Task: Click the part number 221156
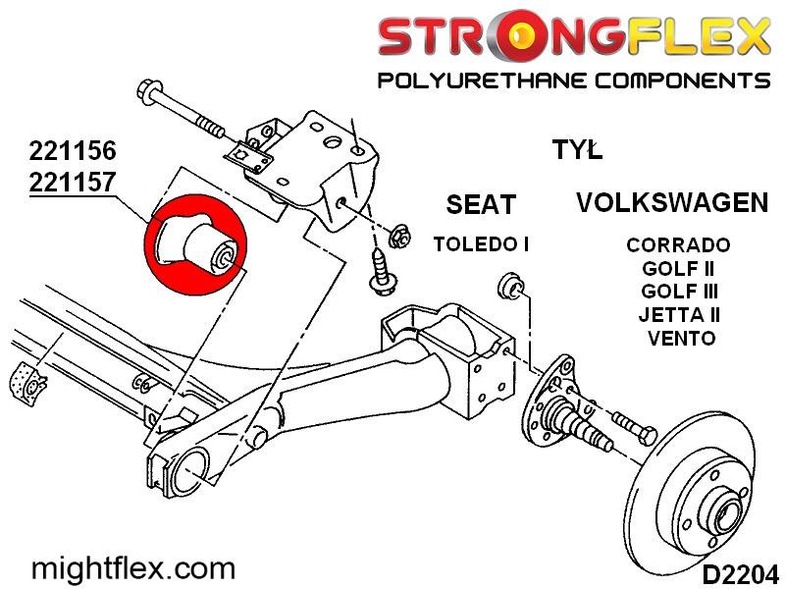click(73, 152)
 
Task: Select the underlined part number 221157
click(73, 182)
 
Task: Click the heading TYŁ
click(577, 150)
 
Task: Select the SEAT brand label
click(480, 205)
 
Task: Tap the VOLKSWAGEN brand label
click(672, 203)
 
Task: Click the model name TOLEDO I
click(481, 244)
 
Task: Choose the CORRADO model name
click(678, 245)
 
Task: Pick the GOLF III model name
click(679, 292)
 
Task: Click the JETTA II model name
click(679, 315)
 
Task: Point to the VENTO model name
click(681, 338)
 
